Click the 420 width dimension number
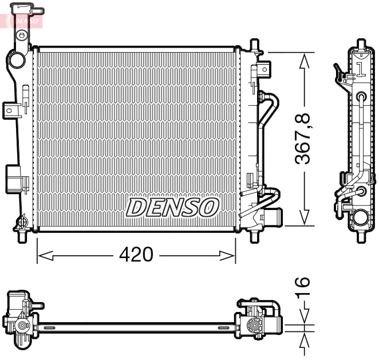click(x=136, y=255)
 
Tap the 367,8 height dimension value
click(x=303, y=139)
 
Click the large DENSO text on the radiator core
click(x=172, y=208)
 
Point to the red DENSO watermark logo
click(x=23, y=21)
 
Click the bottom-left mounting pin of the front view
click(x=23, y=236)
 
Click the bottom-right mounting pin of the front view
click(x=254, y=236)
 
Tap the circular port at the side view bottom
click(x=360, y=217)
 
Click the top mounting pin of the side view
click(x=360, y=44)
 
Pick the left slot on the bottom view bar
click(x=49, y=328)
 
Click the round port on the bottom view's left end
click(x=22, y=327)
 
